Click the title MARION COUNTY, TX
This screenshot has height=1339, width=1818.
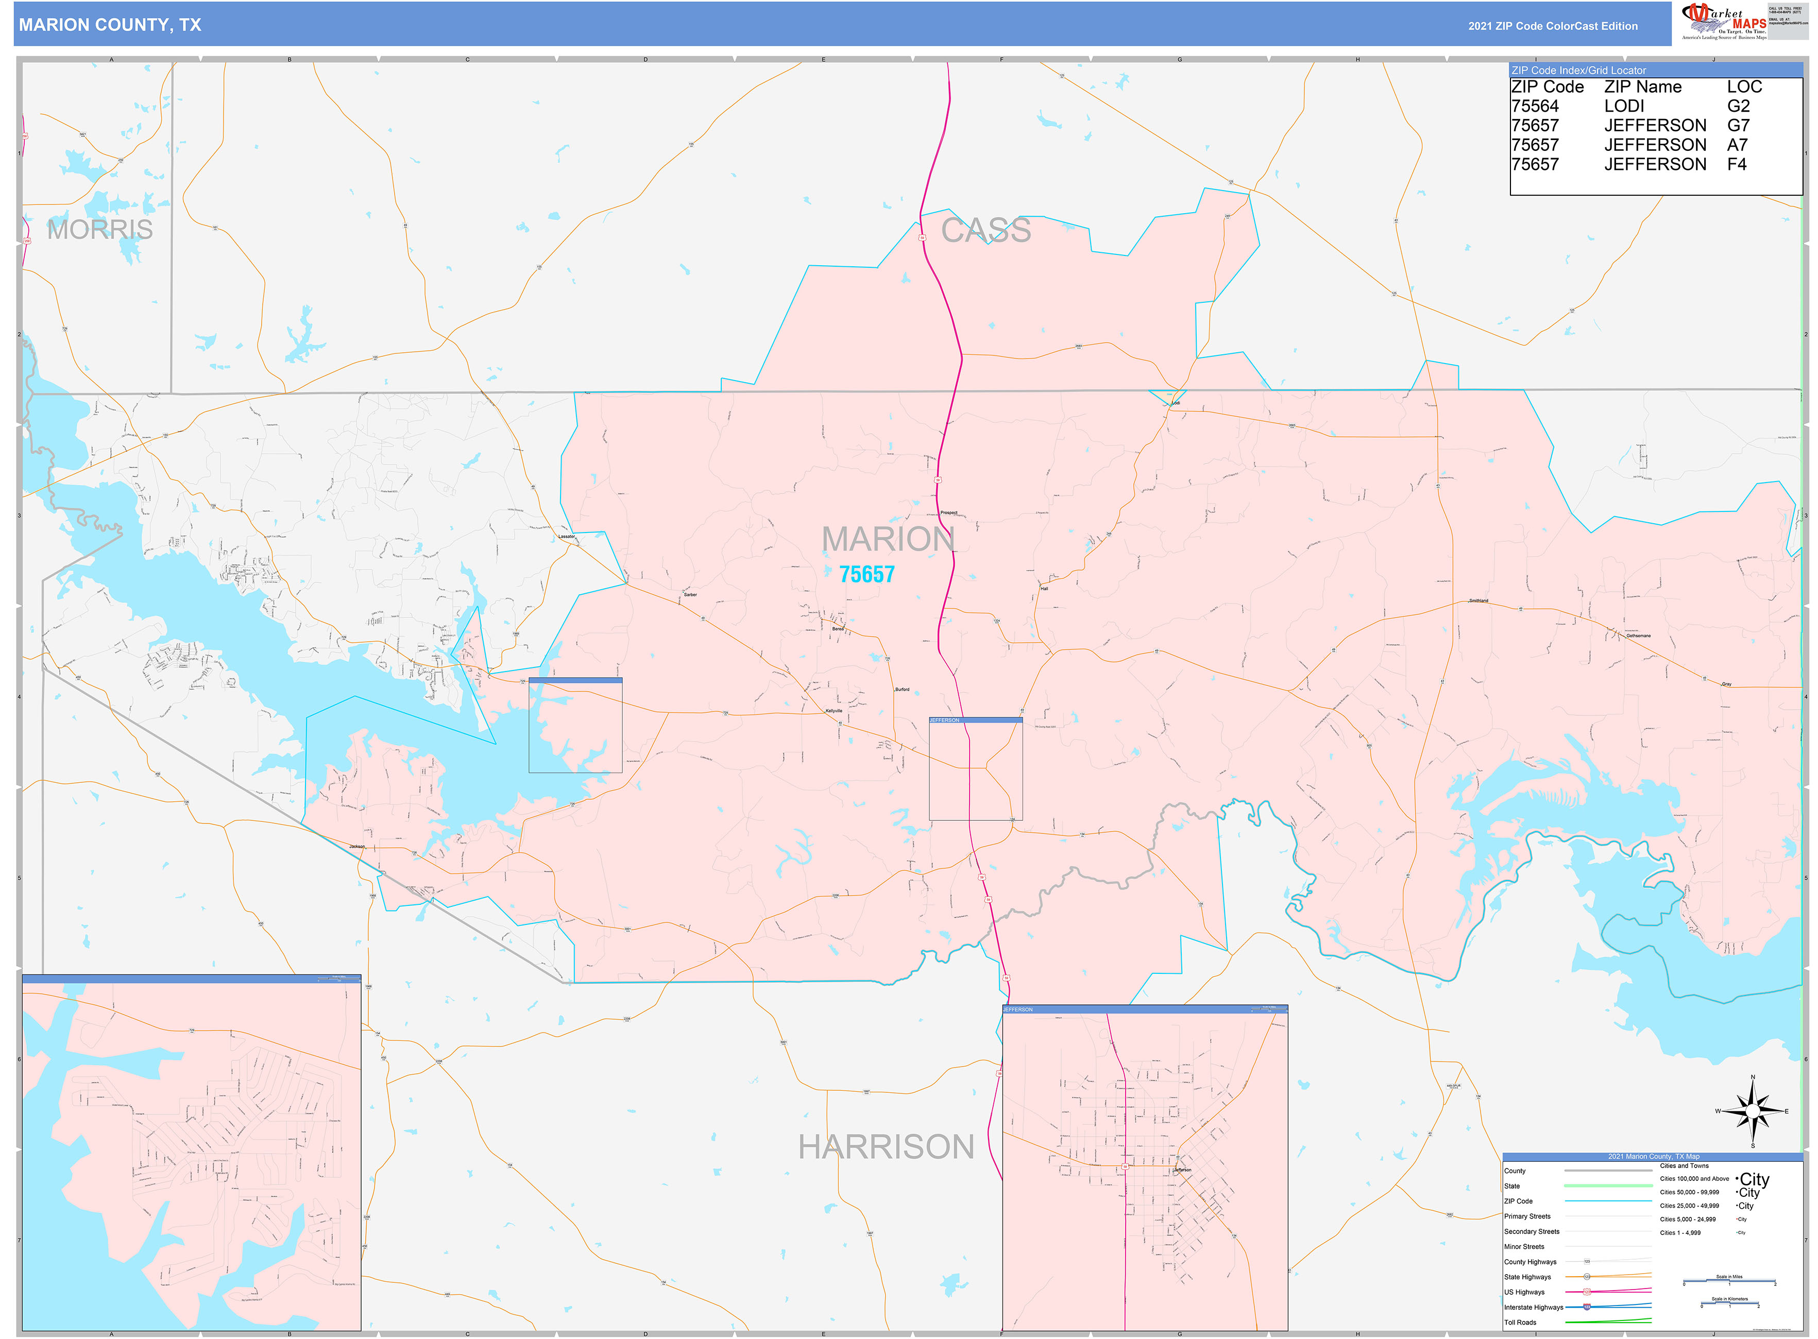tap(109, 25)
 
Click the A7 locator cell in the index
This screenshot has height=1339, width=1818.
tap(1737, 145)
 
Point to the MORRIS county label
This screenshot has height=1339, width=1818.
tap(100, 229)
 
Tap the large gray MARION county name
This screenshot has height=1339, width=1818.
tap(888, 539)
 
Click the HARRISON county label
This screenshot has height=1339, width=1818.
tap(886, 1147)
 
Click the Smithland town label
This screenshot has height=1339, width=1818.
tap(1478, 600)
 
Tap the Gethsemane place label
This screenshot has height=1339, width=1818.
tap(1638, 636)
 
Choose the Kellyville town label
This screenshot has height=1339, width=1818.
tap(834, 711)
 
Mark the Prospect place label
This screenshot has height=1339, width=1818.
tap(949, 513)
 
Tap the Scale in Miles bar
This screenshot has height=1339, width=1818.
tap(1729, 1281)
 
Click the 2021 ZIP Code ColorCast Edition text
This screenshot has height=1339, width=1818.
tap(1552, 26)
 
